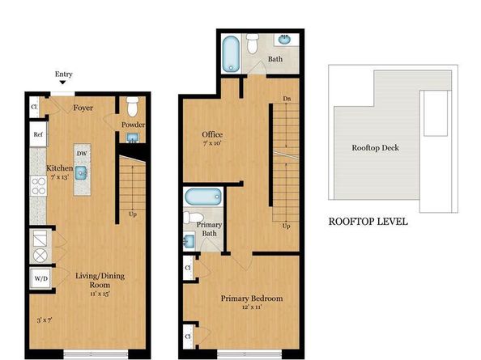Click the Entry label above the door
(x=63, y=74)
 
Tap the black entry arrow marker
(x=63, y=83)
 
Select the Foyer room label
(x=82, y=107)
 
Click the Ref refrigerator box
(x=38, y=133)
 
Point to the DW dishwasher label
(x=82, y=152)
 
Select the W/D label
(x=40, y=278)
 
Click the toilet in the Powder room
(x=133, y=107)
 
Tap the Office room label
(x=212, y=134)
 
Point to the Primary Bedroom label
(x=252, y=299)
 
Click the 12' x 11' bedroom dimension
(x=252, y=308)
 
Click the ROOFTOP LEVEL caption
(x=368, y=221)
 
